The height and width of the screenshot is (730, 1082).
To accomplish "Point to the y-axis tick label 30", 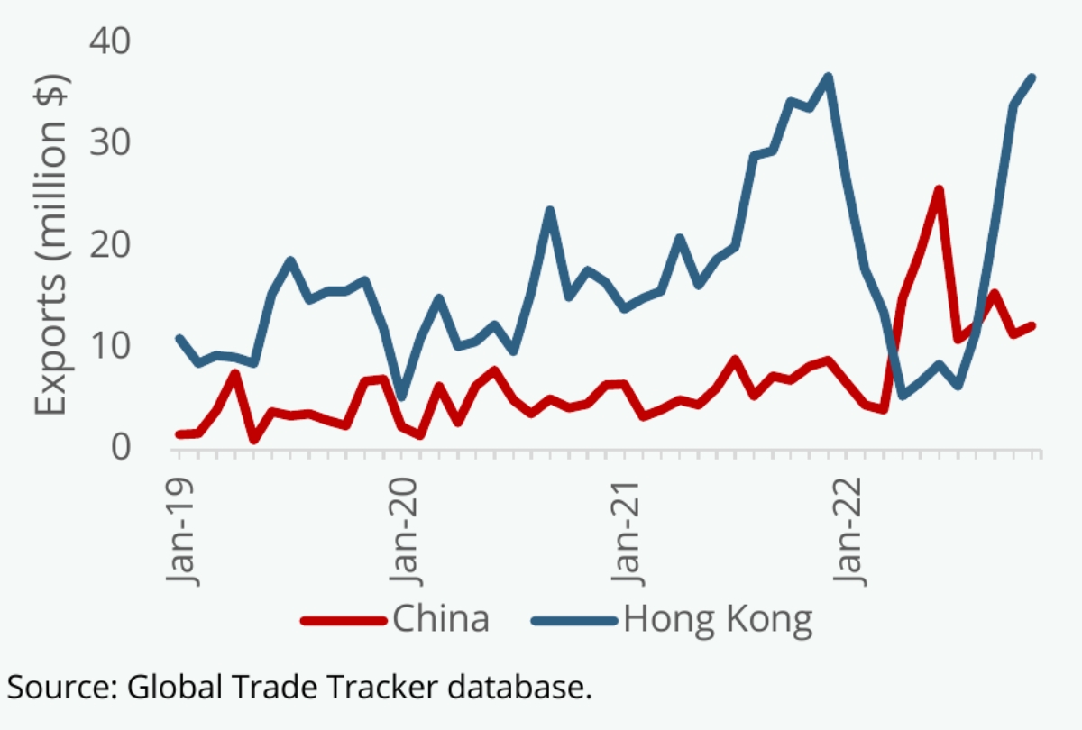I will (110, 142).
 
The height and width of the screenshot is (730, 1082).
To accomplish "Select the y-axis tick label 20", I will (110, 244).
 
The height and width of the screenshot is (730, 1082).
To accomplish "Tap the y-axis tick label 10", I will (110, 345).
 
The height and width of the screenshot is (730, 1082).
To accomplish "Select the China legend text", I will (441, 619).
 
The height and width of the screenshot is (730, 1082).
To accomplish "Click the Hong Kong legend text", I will (719, 619).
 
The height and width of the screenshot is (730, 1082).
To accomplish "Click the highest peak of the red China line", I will (940, 189).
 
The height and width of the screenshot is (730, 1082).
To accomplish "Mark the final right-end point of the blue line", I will (1032, 78).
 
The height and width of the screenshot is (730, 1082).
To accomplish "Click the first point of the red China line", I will (179, 434).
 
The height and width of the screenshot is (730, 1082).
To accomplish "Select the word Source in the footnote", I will (60, 687).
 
